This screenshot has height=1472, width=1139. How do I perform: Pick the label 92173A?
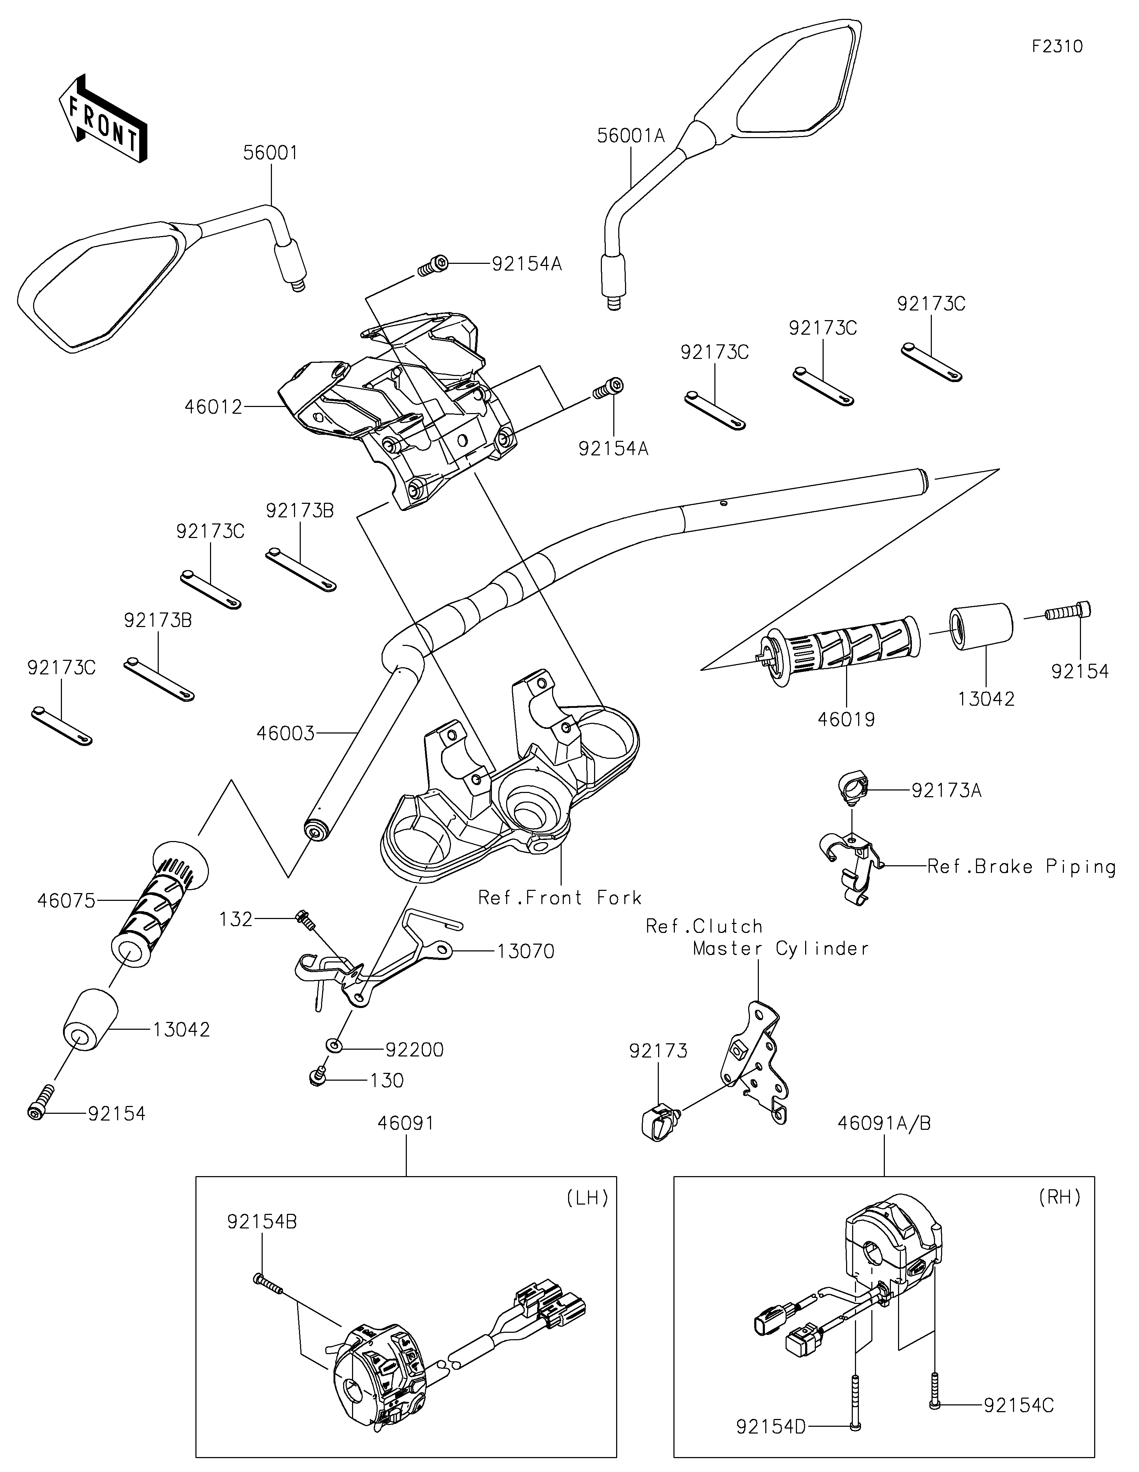pyautogui.click(x=946, y=790)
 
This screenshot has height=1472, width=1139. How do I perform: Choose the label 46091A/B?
pyautogui.click(x=884, y=1123)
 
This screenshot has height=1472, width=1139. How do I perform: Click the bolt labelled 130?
pyautogui.click(x=316, y=1079)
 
